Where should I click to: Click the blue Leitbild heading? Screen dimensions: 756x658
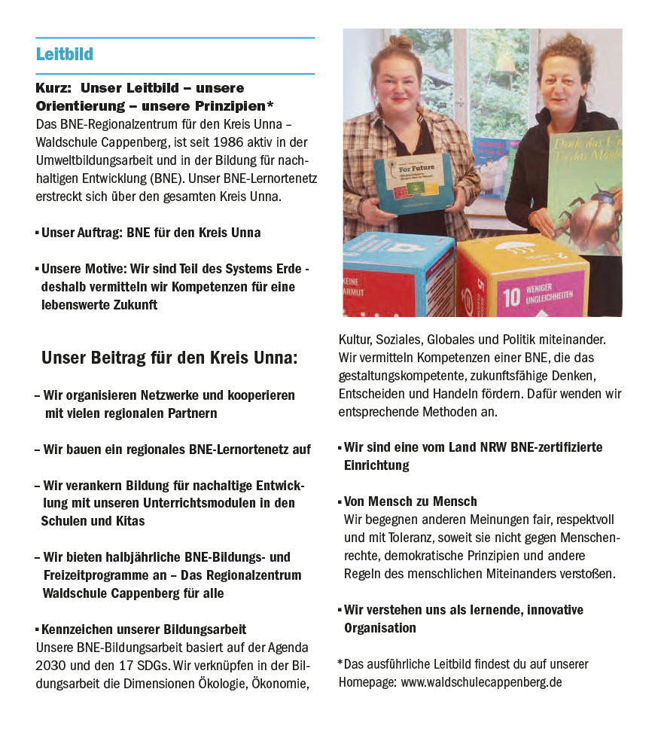(x=65, y=55)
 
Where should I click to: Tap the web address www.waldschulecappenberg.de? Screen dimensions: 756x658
(x=481, y=683)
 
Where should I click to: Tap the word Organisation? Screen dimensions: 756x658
(x=379, y=627)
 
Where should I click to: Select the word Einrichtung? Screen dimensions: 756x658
(x=376, y=465)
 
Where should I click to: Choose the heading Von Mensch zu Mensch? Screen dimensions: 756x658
(x=410, y=501)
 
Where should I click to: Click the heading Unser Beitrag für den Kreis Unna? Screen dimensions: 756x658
(x=169, y=357)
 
